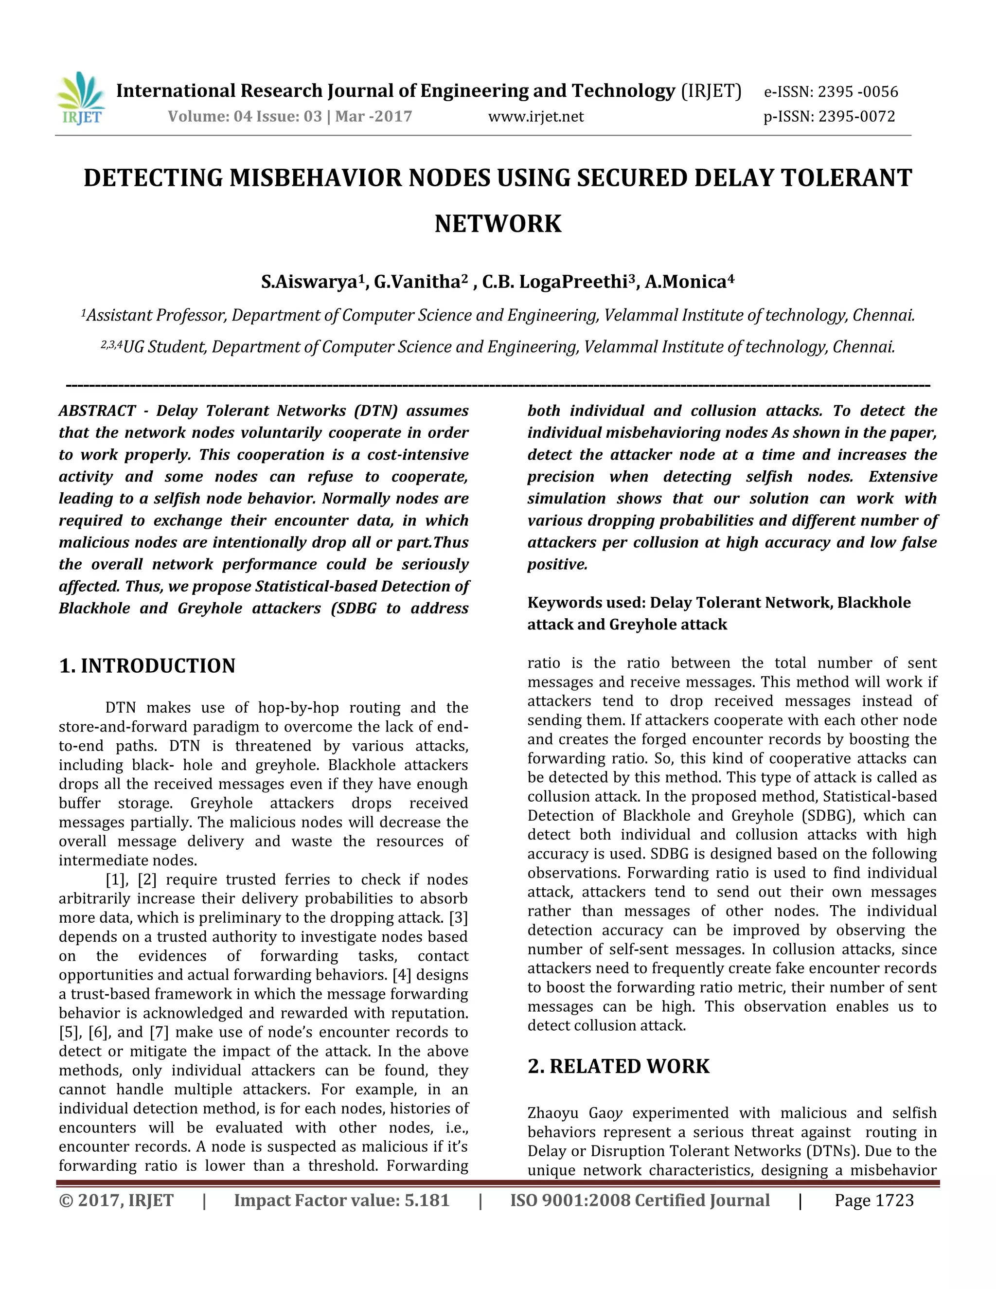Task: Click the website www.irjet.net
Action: (x=536, y=116)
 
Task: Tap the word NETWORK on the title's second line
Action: (x=498, y=224)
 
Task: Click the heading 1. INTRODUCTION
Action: (x=147, y=666)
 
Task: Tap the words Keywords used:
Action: (x=586, y=603)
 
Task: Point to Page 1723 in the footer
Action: (x=874, y=1200)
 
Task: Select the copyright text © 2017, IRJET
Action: (x=116, y=1200)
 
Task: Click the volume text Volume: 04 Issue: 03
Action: (x=245, y=116)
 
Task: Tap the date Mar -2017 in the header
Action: (x=373, y=116)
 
